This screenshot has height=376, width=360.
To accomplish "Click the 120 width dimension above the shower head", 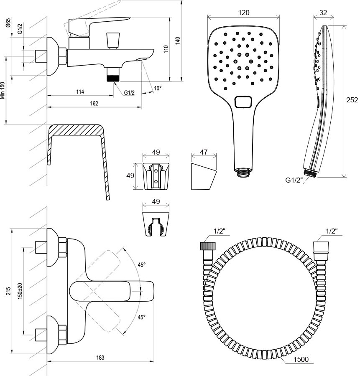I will [x=244, y=13].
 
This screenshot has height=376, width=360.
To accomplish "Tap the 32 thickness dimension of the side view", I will [x=323, y=13].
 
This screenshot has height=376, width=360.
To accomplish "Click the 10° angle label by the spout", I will [x=157, y=88].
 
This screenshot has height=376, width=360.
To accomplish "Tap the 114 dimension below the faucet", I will [x=80, y=92].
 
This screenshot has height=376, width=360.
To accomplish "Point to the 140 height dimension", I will [x=177, y=41].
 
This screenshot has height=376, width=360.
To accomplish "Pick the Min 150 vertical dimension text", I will [x=3, y=89].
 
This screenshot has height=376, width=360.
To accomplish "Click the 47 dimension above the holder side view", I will [x=204, y=152].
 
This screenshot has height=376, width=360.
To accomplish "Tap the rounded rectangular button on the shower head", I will [x=244, y=102].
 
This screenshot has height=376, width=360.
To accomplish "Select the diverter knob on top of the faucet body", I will [x=112, y=41].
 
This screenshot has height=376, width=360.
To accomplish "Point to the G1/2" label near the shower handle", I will [x=294, y=180].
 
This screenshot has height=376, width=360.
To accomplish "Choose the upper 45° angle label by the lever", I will [x=142, y=265].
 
